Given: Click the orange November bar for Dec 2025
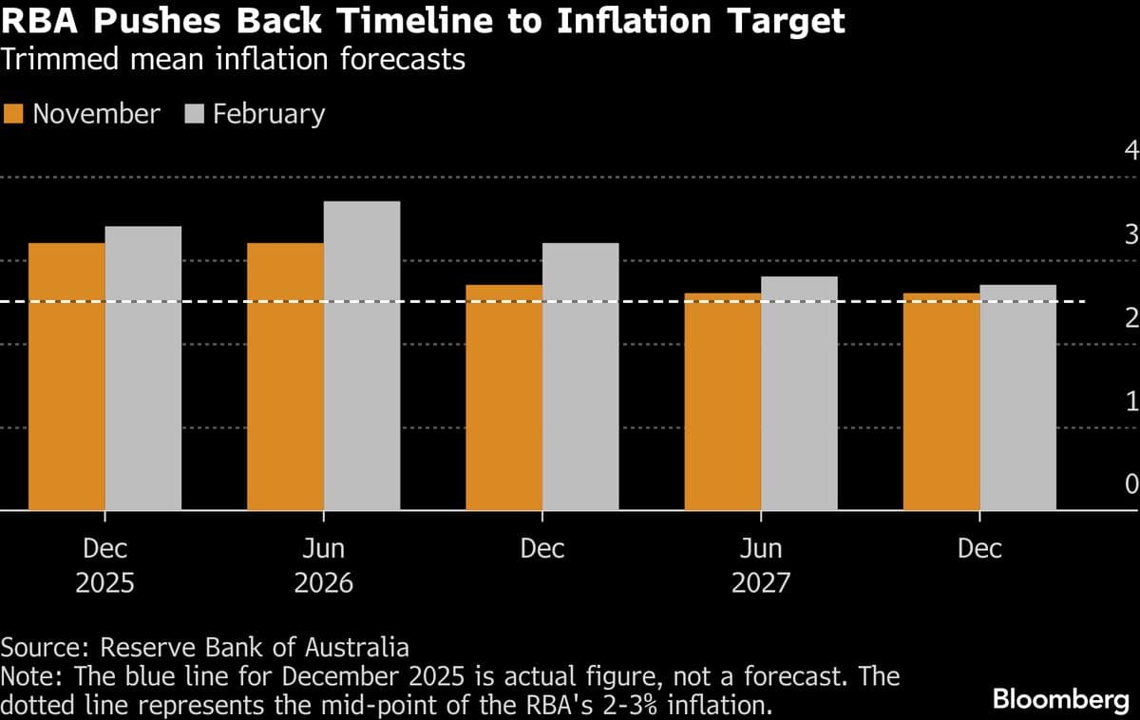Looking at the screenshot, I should click(x=66, y=377).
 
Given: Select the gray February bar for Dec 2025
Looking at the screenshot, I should click(x=142, y=369).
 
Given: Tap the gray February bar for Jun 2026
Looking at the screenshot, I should click(x=361, y=356).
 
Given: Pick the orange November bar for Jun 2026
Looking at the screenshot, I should click(x=285, y=377).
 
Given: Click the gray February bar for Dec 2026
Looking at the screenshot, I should click(x=579, y=377).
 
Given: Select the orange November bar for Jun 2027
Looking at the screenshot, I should click(x=722, y=402).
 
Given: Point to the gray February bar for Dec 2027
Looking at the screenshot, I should click(x=1017, y=398).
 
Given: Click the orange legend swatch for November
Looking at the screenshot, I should click(x=13, y=114).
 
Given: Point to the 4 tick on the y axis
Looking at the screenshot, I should click(x=1130, y=150).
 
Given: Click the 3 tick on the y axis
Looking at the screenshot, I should click(x=1130, y=234).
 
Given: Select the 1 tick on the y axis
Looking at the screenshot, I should click(x=1130, y=401).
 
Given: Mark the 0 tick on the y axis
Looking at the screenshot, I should click(x=1130, y=484).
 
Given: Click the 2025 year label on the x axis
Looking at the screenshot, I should click(x=104, y=582).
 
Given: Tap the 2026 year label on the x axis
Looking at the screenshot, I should click(x=323, y=582).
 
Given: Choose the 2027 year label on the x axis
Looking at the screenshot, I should click(x=760, y=582).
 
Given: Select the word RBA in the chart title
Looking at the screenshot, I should click(x=43, y=21).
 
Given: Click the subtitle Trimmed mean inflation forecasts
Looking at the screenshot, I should click(x=233, y=60).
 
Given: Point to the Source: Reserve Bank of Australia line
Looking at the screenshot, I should click(x=204, y=648).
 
